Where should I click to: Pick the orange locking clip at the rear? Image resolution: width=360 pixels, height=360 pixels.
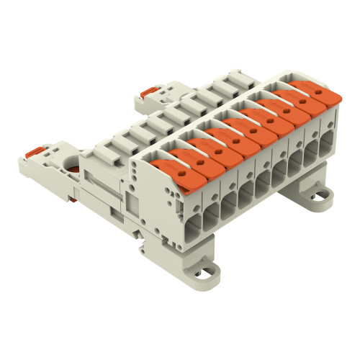pos(148,92)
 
